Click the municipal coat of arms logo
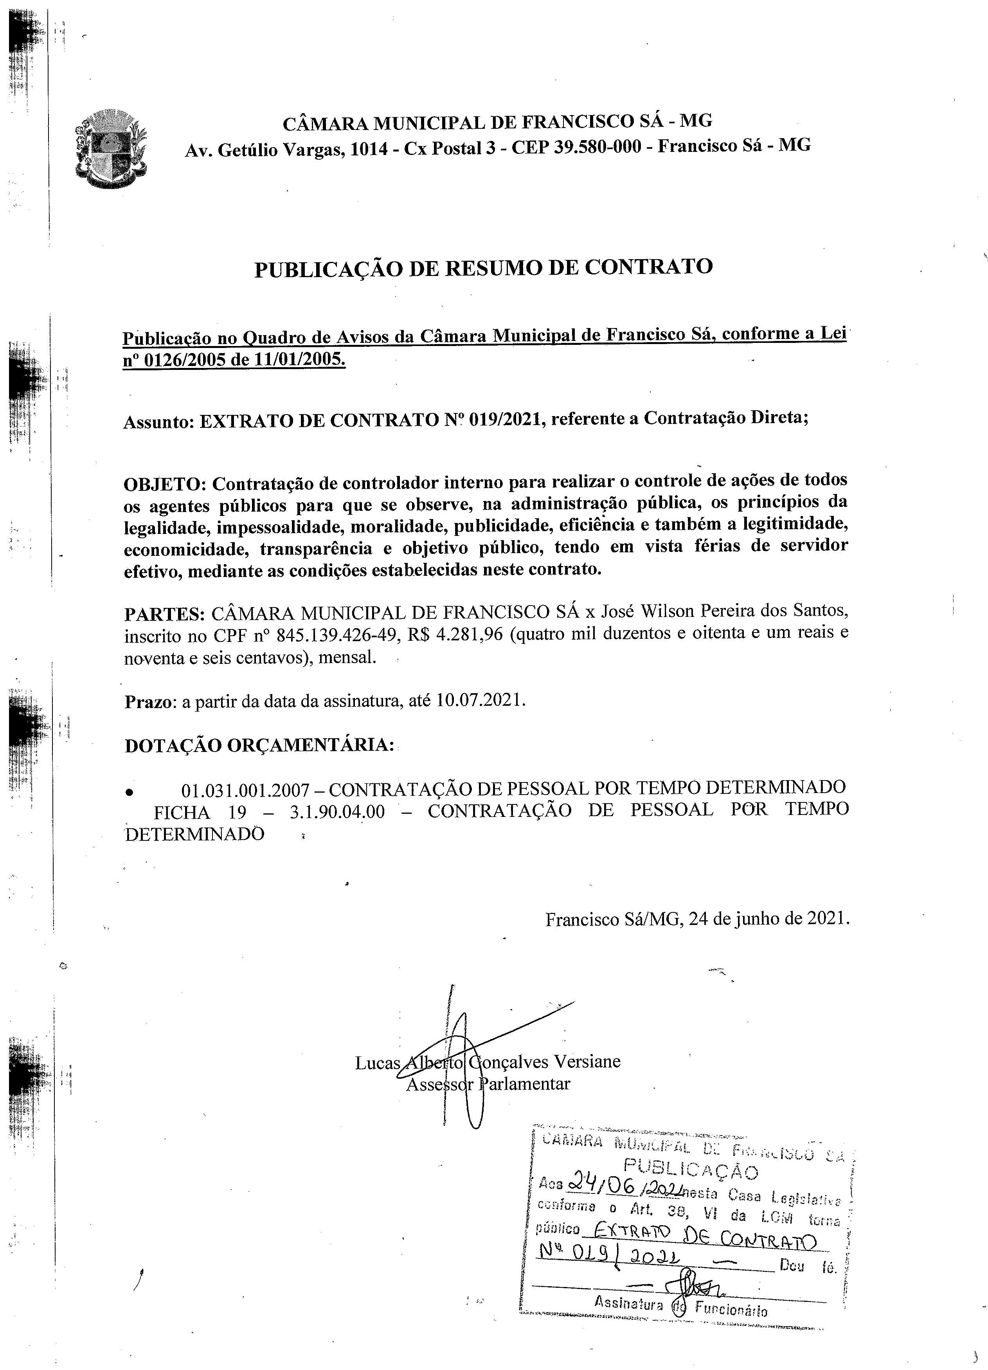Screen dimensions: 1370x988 (110, 148)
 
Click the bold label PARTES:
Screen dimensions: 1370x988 (164, 614)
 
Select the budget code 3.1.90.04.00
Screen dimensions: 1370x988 (337, 811)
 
